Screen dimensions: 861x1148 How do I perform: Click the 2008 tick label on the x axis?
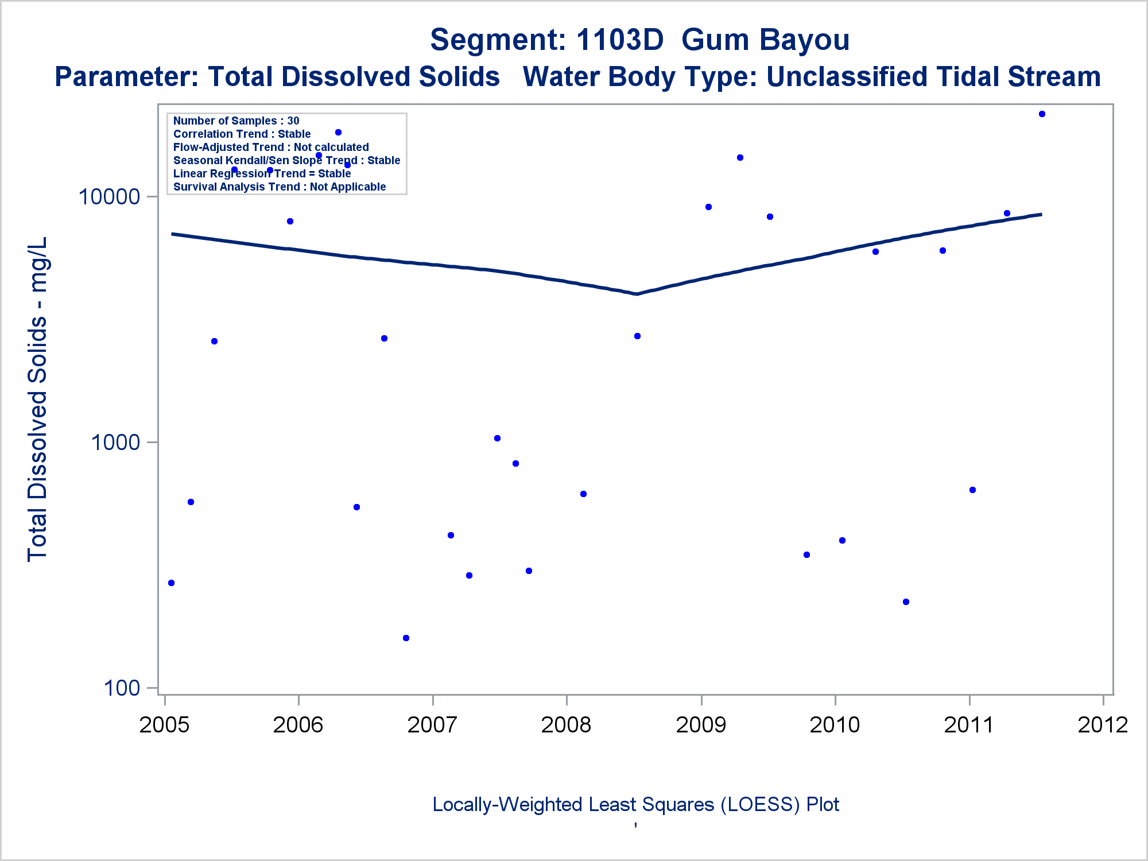(566, 725)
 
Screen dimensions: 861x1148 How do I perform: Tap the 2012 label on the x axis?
(1103, 725)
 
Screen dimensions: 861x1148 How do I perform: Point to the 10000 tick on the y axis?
(109, 197)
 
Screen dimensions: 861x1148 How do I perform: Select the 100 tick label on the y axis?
(122, 688)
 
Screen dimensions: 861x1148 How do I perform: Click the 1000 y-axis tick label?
(115, 443)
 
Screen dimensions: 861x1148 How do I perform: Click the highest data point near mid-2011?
(1042, 114)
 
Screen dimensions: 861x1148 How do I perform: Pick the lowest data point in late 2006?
(406, 638)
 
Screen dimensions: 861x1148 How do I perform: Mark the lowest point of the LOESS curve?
(637, 294)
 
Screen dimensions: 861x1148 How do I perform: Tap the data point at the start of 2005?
(171, 583)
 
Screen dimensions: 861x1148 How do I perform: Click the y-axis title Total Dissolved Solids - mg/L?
(37, 399)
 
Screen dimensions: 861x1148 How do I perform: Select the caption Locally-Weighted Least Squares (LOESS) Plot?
(635, 805)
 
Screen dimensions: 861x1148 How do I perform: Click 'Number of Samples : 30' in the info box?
(236, 121)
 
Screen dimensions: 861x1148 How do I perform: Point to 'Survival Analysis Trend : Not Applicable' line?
(280, 187)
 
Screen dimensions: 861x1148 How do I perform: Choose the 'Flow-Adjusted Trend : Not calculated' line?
(271, 147)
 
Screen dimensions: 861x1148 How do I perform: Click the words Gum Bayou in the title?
(765, 40)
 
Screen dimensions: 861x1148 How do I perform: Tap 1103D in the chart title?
(619, 40)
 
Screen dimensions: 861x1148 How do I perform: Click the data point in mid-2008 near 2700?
(637, 336)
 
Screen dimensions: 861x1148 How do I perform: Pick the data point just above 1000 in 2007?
(497, 439)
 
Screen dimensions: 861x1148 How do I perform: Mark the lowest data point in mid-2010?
(906, 602)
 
